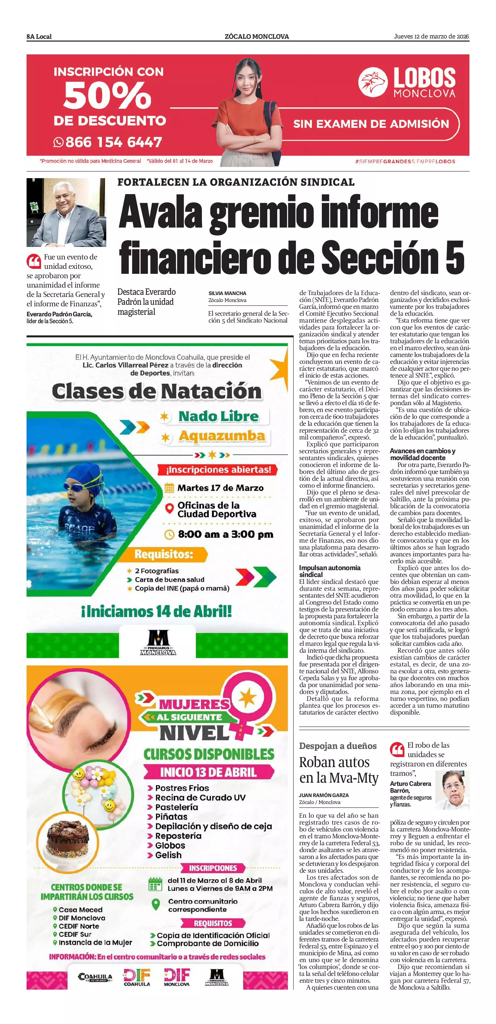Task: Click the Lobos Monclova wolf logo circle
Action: pos(373,82)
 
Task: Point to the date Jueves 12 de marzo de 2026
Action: pos(431,36)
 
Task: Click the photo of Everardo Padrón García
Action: pos(66,212)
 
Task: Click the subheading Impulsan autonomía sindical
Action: pos(329,571)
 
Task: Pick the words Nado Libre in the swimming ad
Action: pos(218,416)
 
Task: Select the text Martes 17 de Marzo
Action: pos(220,488)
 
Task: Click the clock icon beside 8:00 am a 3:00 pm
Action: pos(170,534)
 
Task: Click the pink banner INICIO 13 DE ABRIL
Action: pos(208,772)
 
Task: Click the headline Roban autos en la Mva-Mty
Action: pos(338,770)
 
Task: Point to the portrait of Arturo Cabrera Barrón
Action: pos(452,790)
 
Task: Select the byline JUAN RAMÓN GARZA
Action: pos(323,795)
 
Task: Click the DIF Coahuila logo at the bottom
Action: pos(137,977)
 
